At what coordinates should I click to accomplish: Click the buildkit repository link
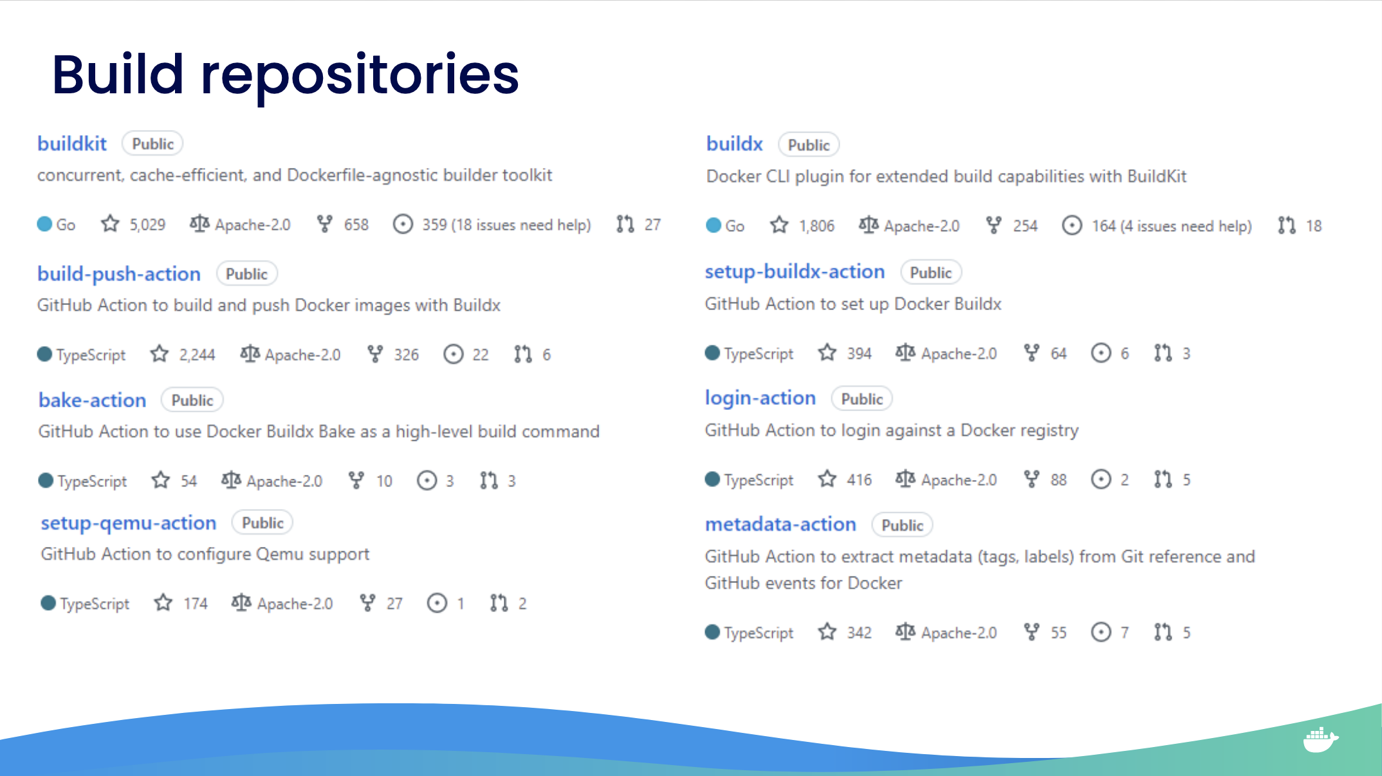(x=72, y=143)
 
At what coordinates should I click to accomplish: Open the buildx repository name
(x=734, y=143)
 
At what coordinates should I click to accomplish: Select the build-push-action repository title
(x=119, y=274)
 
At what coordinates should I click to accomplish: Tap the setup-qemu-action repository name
(x=129, y=523)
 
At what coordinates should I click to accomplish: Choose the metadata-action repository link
(x=780, y=524)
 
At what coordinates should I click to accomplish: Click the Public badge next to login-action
(x=862, y=399)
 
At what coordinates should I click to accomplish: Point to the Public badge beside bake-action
(x=192, y=400)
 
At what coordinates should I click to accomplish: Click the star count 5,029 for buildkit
(x=147, y=225)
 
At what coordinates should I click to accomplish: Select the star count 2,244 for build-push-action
(x=197, y=355)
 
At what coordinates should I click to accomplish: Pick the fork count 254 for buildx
(x=1025, y=226)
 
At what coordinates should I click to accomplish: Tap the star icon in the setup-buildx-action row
(x=827, y=353)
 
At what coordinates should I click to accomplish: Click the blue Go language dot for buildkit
(x=44, y=224)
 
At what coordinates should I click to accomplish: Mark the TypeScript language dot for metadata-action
(x=712, y=632)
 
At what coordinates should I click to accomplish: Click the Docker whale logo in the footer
(x=1320, y=739)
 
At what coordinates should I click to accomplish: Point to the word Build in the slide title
(x=118, y=74)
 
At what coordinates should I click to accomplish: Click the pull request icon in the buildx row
(x=1287, y=225)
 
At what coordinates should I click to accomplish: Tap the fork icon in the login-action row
(x=1031, y=479)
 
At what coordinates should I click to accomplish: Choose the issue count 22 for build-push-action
(x=481, y=355)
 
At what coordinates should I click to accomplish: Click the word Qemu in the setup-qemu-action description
(x=280, y=554)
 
